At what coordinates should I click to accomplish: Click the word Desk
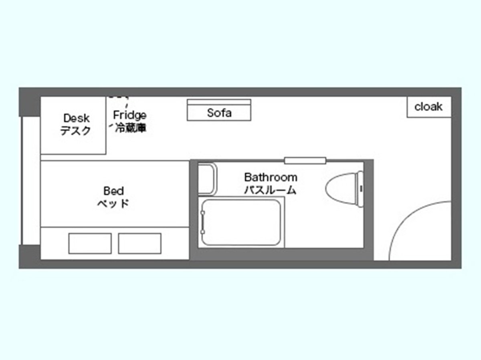click(x=76, y=118)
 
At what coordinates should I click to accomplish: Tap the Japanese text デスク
click(x=75, y=131)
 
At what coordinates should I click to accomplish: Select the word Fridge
click(x=130, y=115)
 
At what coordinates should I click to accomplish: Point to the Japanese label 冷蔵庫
click(x=131, y=128)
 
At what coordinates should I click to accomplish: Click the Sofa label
click(x=219, y=113)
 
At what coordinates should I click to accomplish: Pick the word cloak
click(x=428, y=107)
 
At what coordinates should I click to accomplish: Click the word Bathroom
click(x=271, y=177)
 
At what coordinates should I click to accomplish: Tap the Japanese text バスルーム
click(x=270, y=190)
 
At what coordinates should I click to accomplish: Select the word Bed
click(x=113, y=191)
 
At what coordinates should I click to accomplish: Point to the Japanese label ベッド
click(x=113, y=203)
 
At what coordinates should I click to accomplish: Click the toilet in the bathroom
click(x=344, y=189)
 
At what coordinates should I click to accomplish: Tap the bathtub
click(x=241, y=222)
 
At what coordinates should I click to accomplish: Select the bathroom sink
click(x=208, y=179)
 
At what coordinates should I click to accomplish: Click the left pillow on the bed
click(x=90, y=243)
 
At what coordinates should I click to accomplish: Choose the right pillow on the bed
click(x=139, y=243)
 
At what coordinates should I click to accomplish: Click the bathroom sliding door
click(x=305, y=161)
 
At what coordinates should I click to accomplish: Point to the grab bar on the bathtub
click(x=203, y=222)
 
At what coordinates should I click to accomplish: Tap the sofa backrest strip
click(x=219, y=102)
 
